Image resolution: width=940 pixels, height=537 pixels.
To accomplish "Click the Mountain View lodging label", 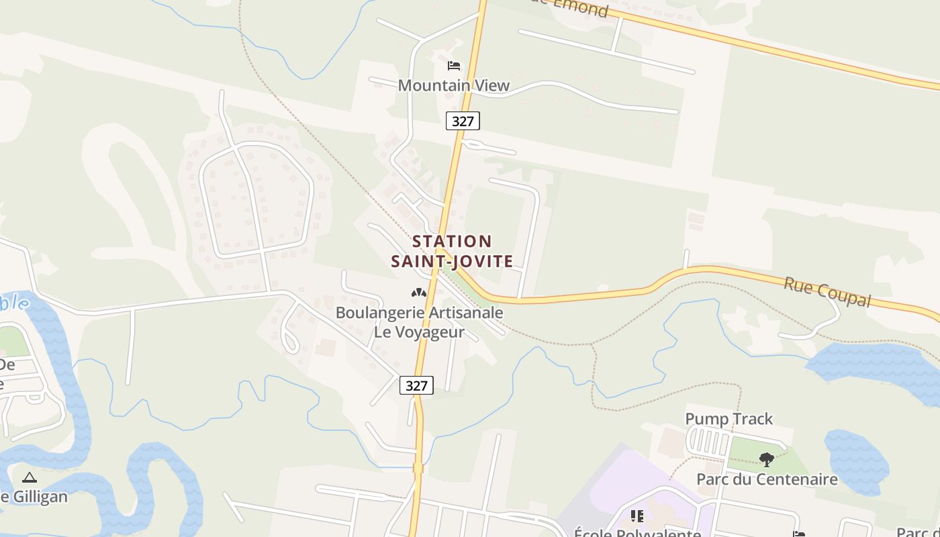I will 454,85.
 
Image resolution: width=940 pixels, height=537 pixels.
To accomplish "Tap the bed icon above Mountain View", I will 454,66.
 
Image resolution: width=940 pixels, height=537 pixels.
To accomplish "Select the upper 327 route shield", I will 463,121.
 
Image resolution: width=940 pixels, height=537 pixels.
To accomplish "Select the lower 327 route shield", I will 416,385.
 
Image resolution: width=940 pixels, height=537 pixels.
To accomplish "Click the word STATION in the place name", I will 452,241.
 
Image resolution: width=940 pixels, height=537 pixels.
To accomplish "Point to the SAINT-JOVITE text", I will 452,261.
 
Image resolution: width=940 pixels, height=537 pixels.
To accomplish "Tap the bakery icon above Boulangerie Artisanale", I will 419,293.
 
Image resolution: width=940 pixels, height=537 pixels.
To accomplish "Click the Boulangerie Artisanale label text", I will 419,312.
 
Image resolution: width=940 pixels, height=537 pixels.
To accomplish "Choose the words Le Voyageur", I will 419,332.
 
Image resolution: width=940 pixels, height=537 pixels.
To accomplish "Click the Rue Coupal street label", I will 827,292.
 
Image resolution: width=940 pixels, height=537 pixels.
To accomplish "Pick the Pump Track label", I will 728,419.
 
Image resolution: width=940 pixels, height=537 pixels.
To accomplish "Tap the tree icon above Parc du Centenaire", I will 767,459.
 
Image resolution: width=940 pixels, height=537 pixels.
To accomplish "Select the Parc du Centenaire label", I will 767,479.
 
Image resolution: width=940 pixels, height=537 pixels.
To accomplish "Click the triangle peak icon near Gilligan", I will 29,477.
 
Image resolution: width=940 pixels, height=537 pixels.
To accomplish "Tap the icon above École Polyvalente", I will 637,516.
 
